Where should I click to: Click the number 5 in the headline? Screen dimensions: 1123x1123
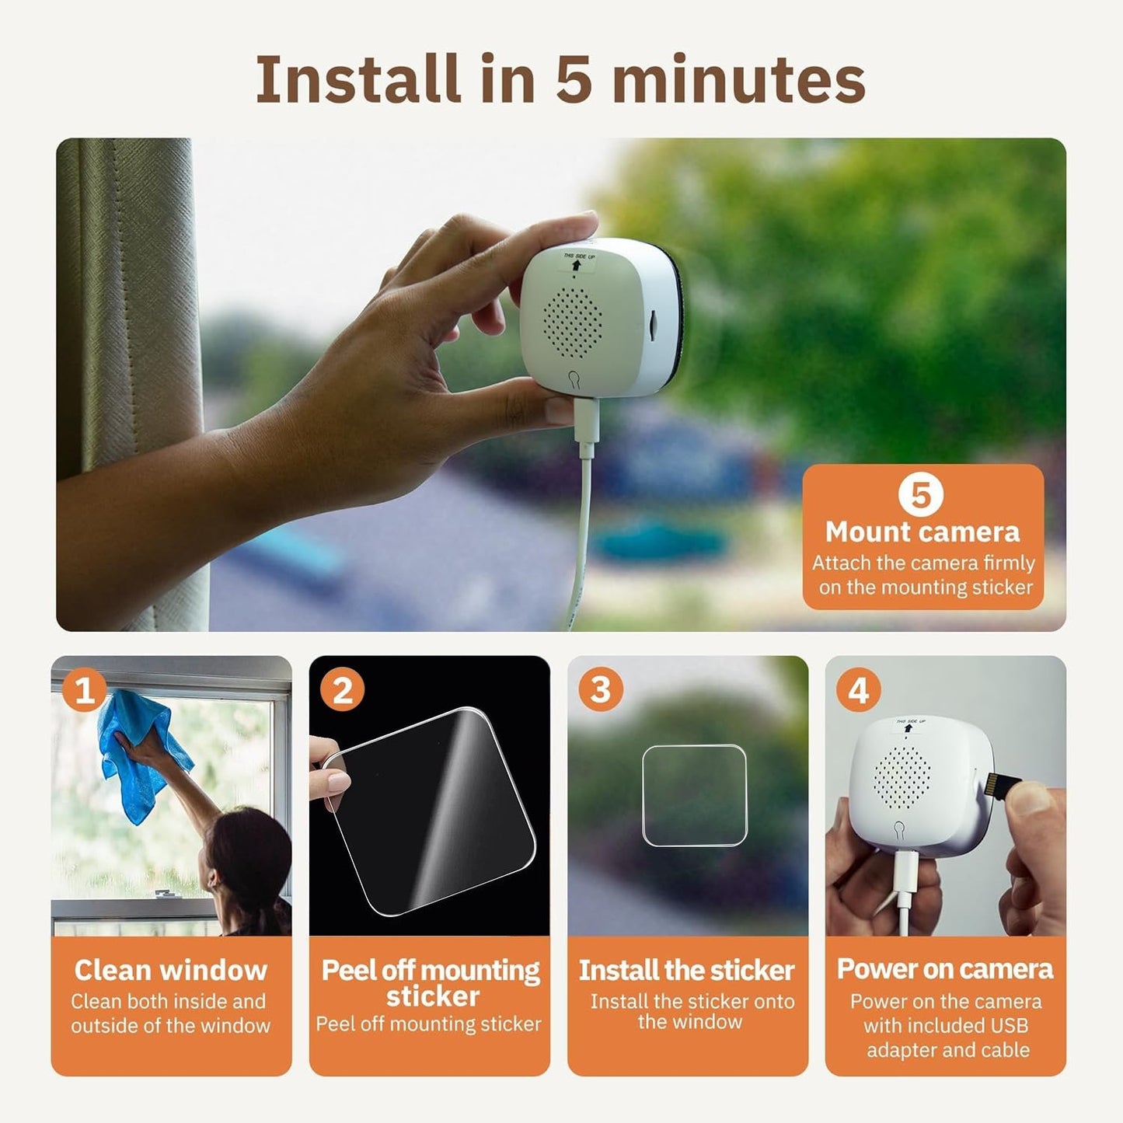(x=574, y=79)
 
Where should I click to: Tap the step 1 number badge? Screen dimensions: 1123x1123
(x=84, y=690)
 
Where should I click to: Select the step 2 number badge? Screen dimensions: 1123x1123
(x=342, y=690)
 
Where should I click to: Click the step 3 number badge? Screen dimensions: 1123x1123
(x=600, y=690)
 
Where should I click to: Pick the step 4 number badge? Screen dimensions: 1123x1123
(x=858, y=690)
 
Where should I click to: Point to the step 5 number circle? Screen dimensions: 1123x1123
(x=921, y=494)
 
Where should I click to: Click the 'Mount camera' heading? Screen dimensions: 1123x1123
(x=922, y=532)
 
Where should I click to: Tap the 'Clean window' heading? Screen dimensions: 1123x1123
(x=171, y=970)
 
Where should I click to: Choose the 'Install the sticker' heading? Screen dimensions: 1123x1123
(x=687, y=970)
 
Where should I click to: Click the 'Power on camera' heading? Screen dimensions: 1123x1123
(x=945, y=969)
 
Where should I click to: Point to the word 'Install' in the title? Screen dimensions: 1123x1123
(x=357, y=79)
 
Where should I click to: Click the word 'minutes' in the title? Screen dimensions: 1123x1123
(x=738, y=79)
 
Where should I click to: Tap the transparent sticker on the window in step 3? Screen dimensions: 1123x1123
(x=694, y=795)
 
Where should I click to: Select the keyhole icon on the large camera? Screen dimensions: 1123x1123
(x=573, y=378)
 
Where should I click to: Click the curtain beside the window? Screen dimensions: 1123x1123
(x=124, y=311)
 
